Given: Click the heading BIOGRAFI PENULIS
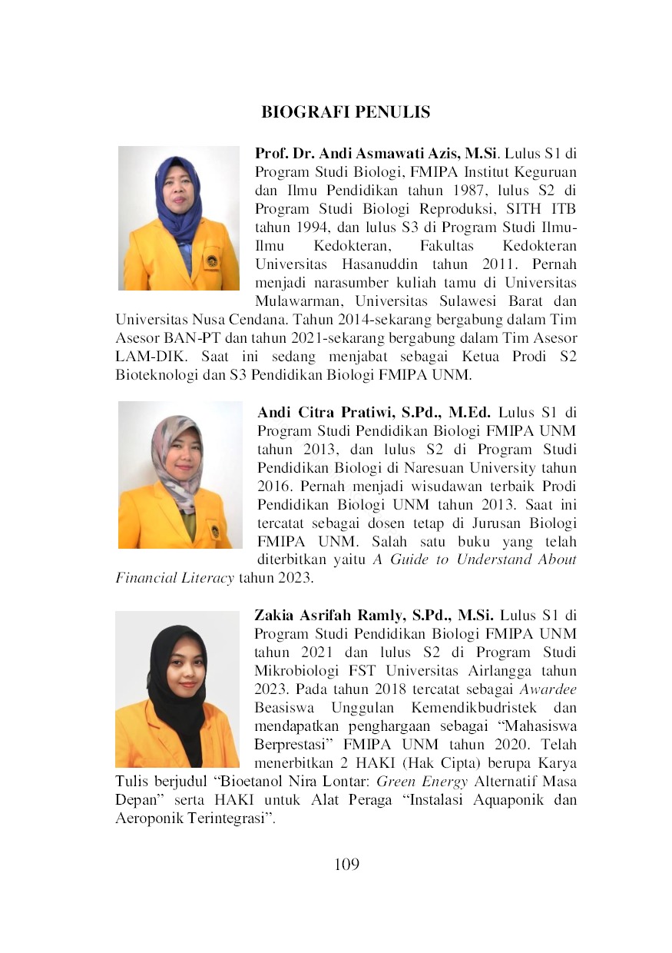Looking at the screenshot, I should point(346,112).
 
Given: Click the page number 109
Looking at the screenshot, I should point(346,864).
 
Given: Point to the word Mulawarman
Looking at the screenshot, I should point(296,302).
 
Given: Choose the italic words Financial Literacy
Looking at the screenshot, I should point(174,578).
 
